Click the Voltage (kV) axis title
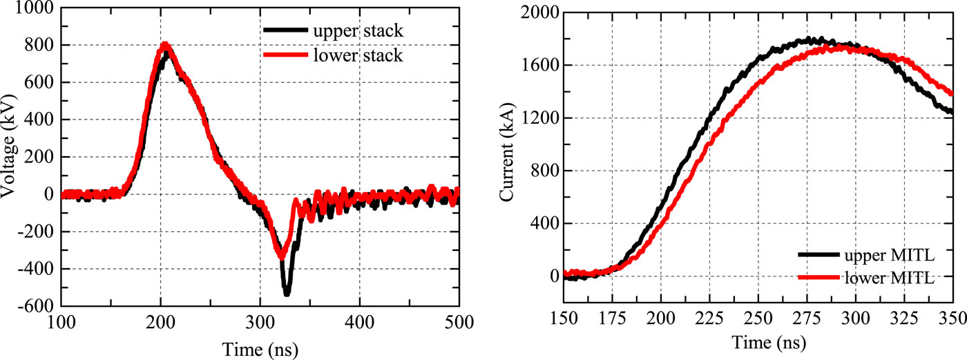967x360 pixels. point(10,157)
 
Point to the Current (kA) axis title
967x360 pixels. point(508,157)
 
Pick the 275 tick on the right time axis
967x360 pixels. point(807,318)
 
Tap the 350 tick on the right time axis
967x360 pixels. point(953,318)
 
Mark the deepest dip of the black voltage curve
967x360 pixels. point(287,294)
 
